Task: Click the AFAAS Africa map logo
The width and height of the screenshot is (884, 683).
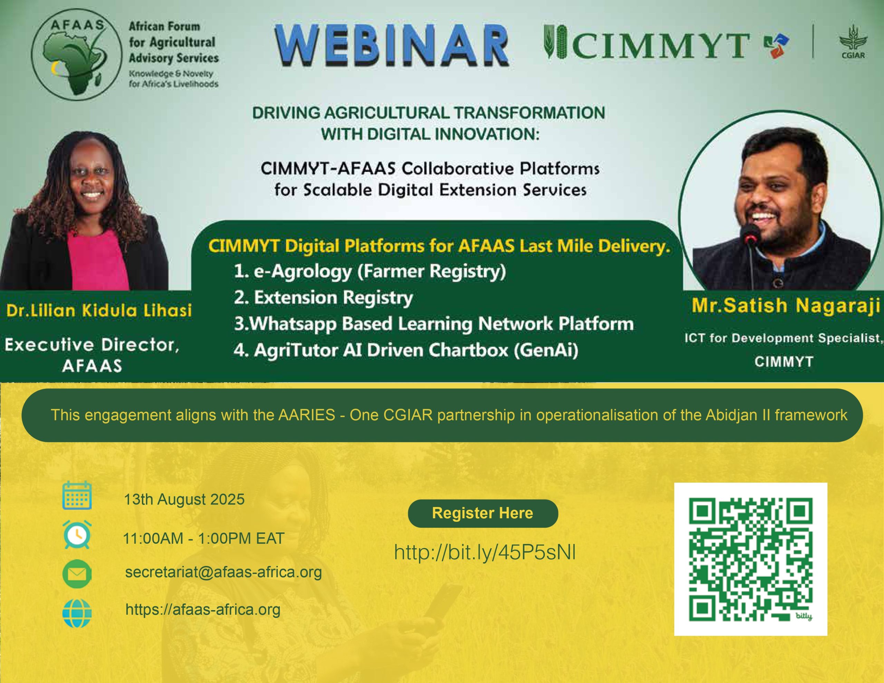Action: click(x=77, y=54)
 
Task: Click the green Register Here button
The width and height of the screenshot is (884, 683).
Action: click(x=483, y=513)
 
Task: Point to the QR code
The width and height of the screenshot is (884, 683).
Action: click(x=751, y=559)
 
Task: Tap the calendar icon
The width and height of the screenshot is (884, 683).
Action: click(x=77, y=495)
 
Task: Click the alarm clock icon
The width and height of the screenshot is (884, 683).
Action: click(x=77, y=535)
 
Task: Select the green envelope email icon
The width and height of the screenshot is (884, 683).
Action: click(x=77, y=574)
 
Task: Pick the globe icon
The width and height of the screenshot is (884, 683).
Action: click(x=77, y=613)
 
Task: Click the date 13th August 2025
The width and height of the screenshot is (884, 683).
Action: click(x=184, y=499)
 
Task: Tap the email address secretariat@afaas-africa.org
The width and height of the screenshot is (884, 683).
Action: click(x=223, y=572)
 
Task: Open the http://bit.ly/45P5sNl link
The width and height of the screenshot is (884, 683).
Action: click(x=485, y=552)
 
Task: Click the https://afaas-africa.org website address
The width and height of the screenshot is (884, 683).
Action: click(x=203, y=610)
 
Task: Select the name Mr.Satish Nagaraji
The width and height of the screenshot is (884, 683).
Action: click(x=786, y=306)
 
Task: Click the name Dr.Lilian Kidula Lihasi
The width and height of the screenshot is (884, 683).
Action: click(x=99, y=310)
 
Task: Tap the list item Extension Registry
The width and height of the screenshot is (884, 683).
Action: click(x=324, y=298)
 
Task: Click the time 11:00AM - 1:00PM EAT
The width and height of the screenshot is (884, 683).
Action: click(x=204, y=538)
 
